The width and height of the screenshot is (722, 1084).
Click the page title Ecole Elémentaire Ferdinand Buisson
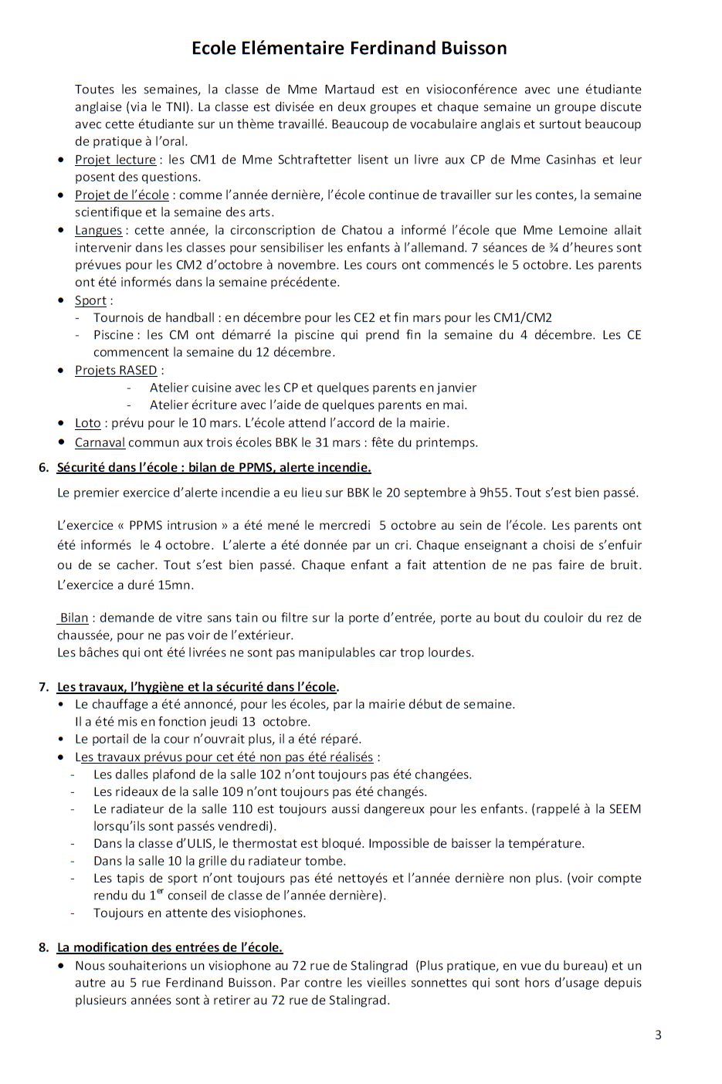349,48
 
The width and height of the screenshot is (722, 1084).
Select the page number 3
658,1035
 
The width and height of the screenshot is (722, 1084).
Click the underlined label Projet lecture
115,160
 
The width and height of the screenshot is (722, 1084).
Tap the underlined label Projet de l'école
121,195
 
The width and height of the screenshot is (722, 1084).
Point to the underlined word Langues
98,230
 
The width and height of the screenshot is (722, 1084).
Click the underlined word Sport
90,301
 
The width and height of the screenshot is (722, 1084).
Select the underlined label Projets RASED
115,371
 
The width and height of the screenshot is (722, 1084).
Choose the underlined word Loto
87,423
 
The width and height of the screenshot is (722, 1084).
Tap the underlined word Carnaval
100,442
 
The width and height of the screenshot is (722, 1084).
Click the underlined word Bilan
74,618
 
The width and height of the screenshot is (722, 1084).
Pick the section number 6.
43,467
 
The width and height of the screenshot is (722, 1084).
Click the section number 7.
43,686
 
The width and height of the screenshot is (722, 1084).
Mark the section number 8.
43,947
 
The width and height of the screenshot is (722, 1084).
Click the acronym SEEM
625,809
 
